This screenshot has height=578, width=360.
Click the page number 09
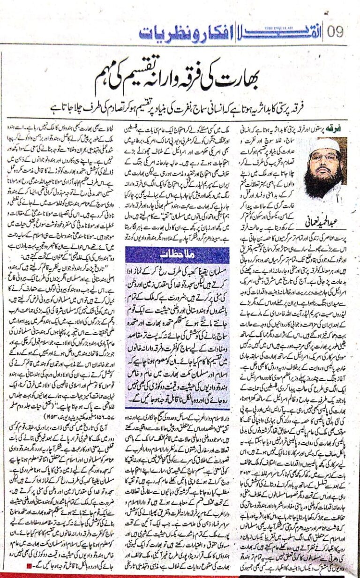point(337,32)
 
